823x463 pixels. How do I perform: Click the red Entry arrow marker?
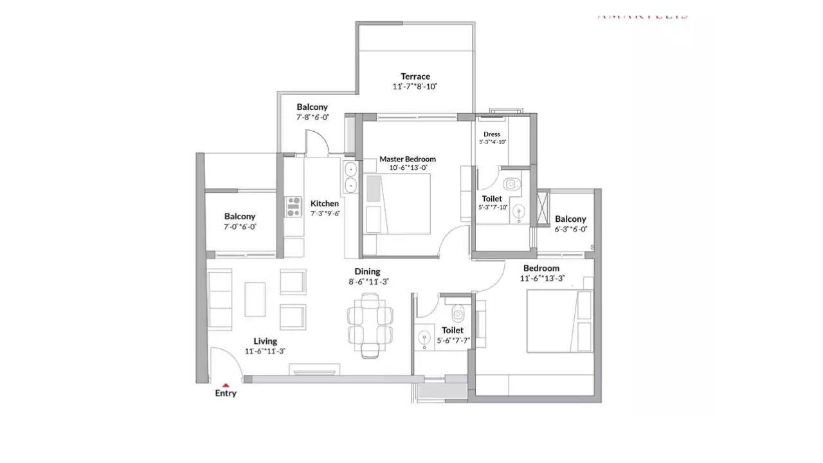tap(226, 385)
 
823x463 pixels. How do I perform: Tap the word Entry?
tap(226, 394)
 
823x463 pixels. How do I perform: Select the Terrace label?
tap(415, 77)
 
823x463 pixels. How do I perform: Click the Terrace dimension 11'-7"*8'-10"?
tap(415, 87)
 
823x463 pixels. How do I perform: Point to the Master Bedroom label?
tap(407, 159)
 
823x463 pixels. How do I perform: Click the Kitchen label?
tap(324, 203)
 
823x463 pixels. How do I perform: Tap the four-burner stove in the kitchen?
tap(294, 206)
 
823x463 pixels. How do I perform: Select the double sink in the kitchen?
tap(351, 177)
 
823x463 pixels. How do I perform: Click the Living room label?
tap(265, 341)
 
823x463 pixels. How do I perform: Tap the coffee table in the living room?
tap(255, 299)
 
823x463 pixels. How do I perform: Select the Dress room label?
tap(492, 134)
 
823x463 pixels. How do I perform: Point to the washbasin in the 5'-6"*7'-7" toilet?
tap(424, 338)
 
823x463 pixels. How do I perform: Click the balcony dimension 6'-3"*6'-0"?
tap(570, 229)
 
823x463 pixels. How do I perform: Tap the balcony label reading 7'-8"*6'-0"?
tap(312, 117)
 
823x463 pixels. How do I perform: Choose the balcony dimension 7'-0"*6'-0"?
tap(240, 227)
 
